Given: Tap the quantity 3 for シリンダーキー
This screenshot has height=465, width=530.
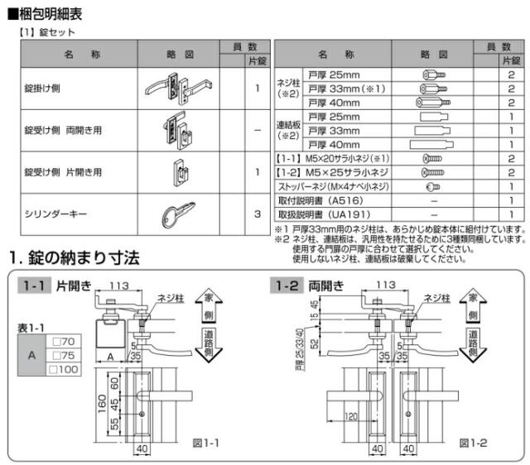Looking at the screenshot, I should pyautogui.click(x=258, y=213).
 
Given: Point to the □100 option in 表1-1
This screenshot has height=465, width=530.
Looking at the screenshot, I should pyautogui.click(x=64, y=367).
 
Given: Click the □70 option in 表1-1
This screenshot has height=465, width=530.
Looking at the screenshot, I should pyautogui.click(x=63, y=340).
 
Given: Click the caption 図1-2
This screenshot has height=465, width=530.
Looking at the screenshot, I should pyautogui.click(x=472, y=443).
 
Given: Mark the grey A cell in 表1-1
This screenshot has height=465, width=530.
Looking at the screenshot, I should pyautogui.click(x=31, y=354).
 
